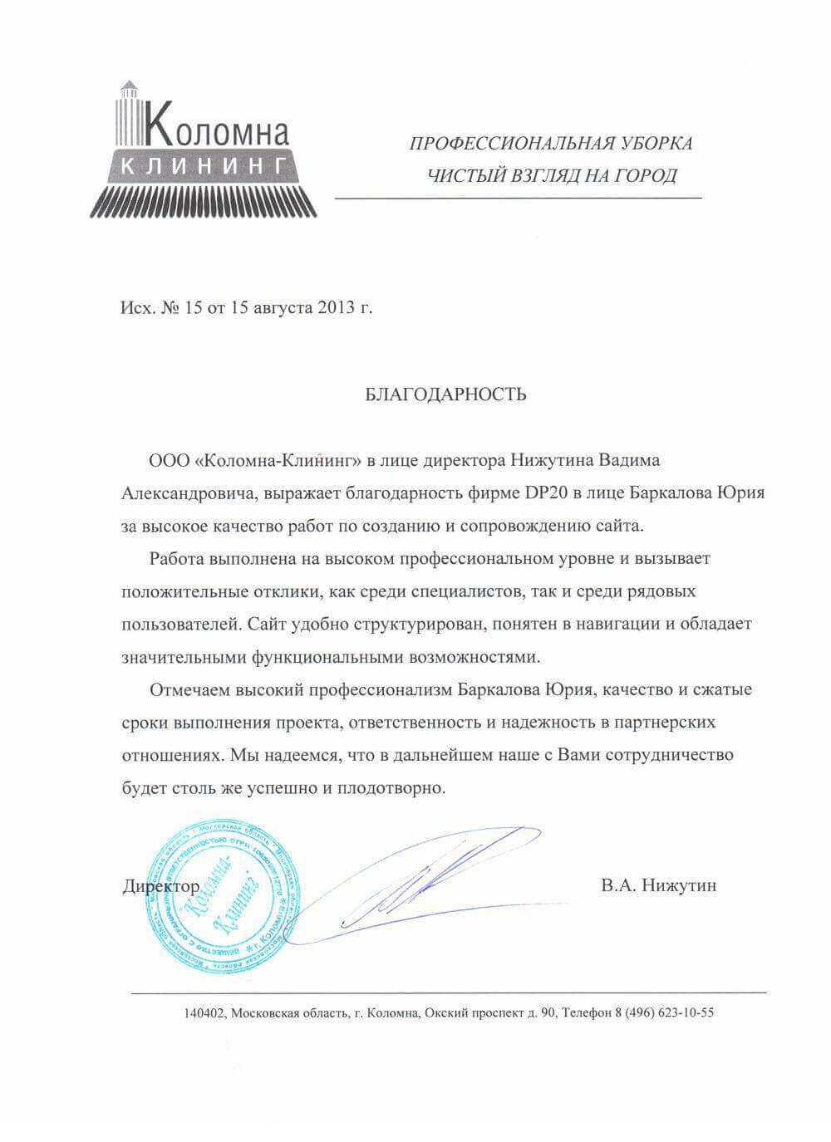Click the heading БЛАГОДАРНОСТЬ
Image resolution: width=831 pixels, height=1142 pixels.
tap(445, 394)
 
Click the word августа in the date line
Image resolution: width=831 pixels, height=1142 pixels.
tap(277, 309)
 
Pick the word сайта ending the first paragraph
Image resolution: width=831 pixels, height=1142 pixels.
tap(622, 526)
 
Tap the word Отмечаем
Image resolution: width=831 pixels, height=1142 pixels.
tap(187, 689)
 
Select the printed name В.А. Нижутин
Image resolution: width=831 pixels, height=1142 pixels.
tap(659, 886)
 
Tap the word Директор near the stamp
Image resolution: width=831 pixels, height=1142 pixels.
tap(160, 886)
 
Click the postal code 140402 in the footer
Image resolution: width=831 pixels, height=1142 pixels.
tap(204, 1013)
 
